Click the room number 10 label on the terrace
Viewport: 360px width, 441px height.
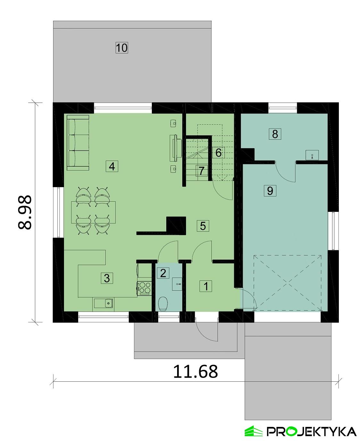122,48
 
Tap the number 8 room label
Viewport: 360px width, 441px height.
275,134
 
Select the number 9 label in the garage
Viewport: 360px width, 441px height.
270,191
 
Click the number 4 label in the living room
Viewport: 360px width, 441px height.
112,166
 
